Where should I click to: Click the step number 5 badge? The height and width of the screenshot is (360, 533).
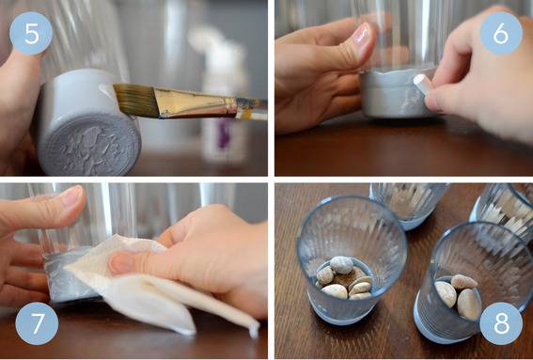31,33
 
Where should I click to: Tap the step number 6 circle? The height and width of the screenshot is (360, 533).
501,33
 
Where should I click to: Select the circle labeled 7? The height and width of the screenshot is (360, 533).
37,323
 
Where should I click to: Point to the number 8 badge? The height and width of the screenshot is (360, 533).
501,323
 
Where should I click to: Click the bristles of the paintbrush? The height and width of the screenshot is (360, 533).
134,100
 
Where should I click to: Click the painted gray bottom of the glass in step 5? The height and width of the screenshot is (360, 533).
89,144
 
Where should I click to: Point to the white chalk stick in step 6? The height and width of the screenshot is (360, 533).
424,84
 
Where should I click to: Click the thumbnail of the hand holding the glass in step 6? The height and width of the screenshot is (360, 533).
361,34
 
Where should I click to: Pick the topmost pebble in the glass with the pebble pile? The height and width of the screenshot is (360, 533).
341,265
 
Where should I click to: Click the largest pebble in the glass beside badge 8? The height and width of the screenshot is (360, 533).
469,304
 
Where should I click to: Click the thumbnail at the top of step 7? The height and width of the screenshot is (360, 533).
72,196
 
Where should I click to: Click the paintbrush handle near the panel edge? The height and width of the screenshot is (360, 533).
252,109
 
